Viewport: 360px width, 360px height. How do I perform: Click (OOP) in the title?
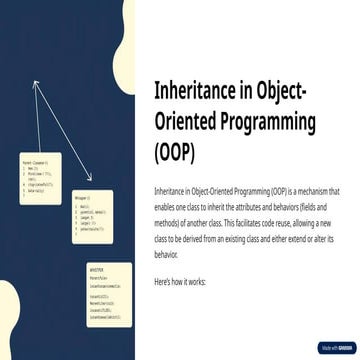176,154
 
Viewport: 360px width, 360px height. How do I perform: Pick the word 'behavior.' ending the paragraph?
166,254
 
